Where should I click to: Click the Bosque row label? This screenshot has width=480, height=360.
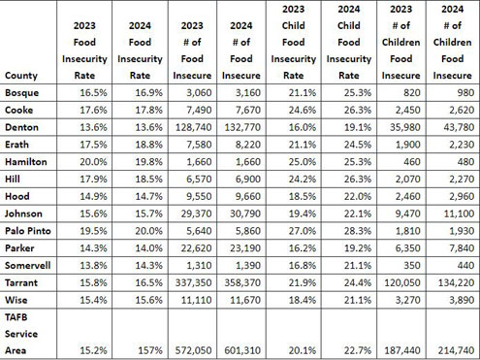pos(21,93)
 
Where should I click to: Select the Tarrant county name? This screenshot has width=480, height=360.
pos(21,282)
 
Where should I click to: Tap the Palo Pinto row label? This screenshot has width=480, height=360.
pos(28,231)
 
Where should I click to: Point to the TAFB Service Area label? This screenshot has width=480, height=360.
pos(21,334)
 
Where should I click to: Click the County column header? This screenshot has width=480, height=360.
pos(21,76)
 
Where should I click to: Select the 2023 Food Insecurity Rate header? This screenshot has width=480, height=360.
pos(84,50)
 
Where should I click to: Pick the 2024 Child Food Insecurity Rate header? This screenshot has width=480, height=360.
pos(349,42)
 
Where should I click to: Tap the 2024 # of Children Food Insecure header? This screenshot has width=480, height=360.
pos(452,42)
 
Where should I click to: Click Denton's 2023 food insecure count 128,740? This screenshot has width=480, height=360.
pos(194,127)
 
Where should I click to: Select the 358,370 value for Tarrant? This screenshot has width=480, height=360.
pos(242,282)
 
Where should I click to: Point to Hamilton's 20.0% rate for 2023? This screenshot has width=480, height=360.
pos(93,162)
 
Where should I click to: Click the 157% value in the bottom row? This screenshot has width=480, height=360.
pos(150,350)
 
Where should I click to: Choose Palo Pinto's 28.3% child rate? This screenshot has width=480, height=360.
pos(358,231)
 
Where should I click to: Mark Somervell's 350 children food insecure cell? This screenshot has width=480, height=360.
pos(412,266)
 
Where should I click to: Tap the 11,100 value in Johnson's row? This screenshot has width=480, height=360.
pos(459,213)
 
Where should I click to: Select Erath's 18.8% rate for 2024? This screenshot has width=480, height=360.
pos(148,145)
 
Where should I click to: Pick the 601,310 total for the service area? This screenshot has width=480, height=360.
pos(242,350)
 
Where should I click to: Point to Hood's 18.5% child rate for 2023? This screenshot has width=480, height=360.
pos(303,196)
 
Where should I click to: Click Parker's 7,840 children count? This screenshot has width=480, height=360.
pos(462,248)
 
